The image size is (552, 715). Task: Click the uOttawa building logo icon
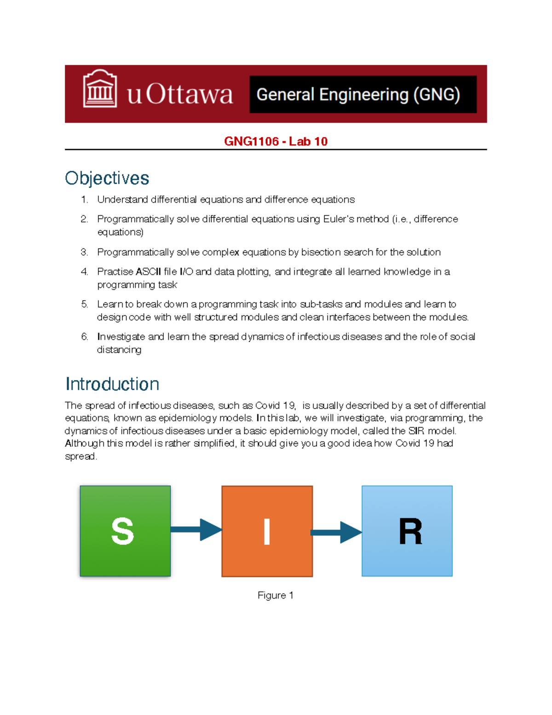[100, 89]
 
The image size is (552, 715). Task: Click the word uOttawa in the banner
[180, 94]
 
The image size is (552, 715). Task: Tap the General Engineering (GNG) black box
[362, 94]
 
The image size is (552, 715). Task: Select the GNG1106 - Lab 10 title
[276, 141]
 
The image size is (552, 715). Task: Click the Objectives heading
[107, 178]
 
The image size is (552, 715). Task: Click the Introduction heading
[112, 384]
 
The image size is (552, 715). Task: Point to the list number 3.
[84, 252]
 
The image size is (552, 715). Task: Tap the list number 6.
[84, 337]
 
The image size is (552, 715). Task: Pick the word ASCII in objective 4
[148, 272]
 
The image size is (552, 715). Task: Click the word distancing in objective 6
[119, 350]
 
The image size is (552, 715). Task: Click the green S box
[125, 531]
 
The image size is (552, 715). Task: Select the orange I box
[267, 531]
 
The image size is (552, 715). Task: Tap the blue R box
[407, 531]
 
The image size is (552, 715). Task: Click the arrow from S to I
[196, 529]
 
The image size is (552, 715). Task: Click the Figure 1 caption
[275, 595]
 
